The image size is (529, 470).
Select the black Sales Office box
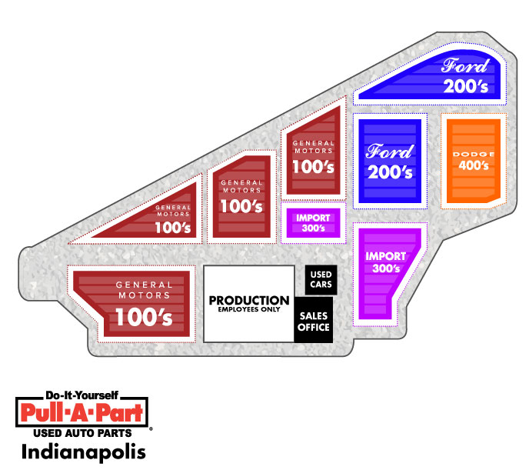[x=313, y=320]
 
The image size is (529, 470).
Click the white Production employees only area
[x=249, y=303]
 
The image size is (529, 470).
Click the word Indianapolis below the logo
[x=78, y=450]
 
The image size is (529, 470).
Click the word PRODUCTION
[x=249, y=300]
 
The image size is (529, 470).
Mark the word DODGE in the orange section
[x=473, y=155]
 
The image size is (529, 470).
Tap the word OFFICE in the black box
[x=313, y=327]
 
